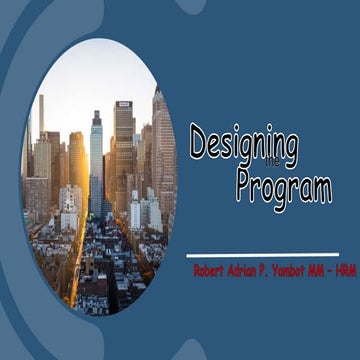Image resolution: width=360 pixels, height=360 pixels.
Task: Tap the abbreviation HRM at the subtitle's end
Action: tap(343, 271)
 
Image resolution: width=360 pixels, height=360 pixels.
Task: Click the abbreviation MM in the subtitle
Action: tap(318, 271)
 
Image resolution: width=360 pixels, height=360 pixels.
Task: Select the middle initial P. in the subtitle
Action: tap(268, 271)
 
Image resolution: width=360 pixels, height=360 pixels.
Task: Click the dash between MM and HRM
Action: tap(330, 271)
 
